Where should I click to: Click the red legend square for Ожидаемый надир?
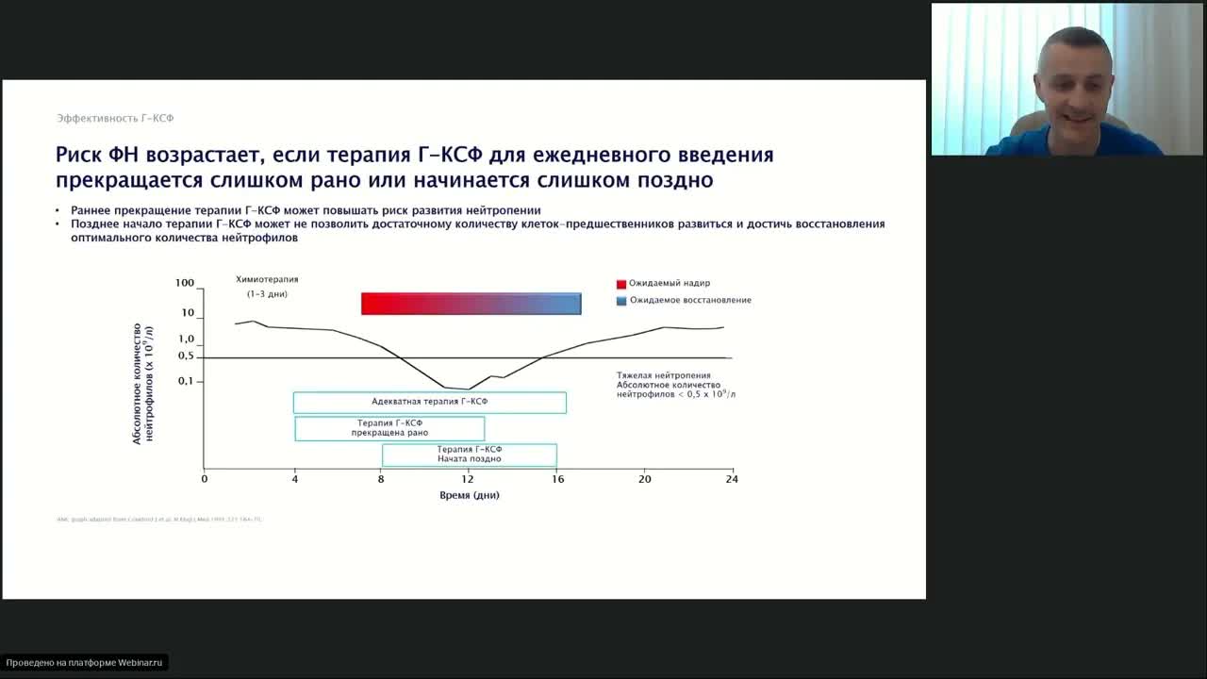click(621, 284)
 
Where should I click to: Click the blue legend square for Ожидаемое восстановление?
click(621, 301)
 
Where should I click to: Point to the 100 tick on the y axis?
click(185, 283)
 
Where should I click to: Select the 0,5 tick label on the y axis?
click(185, 356)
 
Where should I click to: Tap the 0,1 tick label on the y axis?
click(185, 381)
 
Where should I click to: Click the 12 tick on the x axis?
click(469, 479)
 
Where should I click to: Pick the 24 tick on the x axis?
click(732, 479)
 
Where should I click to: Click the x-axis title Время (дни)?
click(469, 495)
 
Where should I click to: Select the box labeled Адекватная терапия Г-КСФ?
click(429, 403)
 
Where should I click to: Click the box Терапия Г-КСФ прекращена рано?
click(389, 428)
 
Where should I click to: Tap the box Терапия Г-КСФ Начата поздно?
click(469, 455)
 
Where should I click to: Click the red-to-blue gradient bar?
click(471, 304)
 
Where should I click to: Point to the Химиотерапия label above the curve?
click(267, 280)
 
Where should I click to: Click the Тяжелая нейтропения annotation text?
click(664, 375)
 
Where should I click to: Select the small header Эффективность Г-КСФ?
click(115, 119)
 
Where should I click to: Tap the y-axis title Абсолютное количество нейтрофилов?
click(142, 383)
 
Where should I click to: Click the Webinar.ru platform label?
click(85, 663)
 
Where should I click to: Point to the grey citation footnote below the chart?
click(159, 520)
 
